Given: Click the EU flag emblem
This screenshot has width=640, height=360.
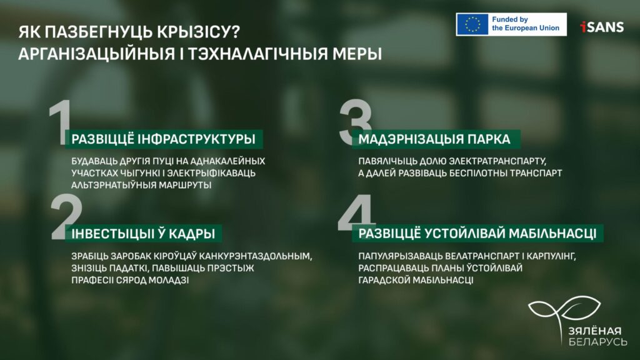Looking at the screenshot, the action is click(472, 24).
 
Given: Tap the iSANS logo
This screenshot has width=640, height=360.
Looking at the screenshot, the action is click(602, 27).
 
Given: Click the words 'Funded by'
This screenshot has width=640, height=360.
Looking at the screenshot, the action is click(510, 19).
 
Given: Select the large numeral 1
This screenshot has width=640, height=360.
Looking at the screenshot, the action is click(61, 122).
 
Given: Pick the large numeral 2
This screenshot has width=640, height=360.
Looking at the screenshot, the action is click(66, 217).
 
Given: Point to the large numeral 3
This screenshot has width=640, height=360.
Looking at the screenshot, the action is click(355, 122).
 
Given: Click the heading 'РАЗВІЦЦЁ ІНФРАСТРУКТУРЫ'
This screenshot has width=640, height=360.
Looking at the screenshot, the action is click(163, 139).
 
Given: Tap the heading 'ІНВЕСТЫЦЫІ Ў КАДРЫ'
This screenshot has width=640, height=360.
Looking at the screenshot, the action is click(143, 234).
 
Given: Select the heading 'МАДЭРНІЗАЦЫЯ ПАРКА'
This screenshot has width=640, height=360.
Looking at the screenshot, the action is click(434, 139).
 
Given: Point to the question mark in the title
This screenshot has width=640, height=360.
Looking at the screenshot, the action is click(235, 32).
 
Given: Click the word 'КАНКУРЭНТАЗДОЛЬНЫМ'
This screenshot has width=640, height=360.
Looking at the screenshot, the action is click(255, 256).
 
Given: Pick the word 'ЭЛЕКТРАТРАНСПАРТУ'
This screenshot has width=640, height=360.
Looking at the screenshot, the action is click(497, 161).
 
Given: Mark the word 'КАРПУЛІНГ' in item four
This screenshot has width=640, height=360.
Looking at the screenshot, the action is click(551, 256).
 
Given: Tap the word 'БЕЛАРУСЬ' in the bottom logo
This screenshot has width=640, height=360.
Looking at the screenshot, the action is click(597, 341).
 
